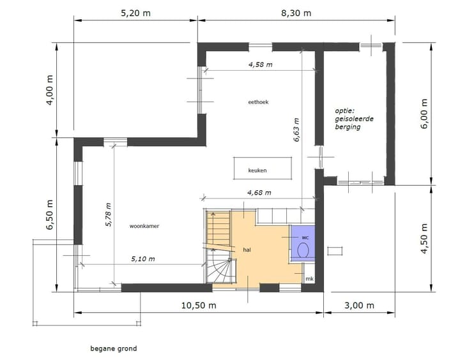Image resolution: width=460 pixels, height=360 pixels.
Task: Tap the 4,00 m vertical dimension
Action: point(50,91)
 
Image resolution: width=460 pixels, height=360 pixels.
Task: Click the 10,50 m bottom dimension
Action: point(199,305)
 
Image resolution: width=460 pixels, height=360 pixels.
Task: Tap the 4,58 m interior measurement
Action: point(260,64)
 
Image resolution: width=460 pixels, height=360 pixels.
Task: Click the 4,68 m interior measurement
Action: point(259,192)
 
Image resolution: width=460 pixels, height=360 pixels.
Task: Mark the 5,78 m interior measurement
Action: point(109,214)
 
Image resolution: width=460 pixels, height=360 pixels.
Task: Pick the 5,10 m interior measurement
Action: point(143,259)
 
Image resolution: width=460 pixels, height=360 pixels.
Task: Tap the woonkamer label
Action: point(144,226)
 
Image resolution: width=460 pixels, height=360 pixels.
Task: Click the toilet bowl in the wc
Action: point(304,248)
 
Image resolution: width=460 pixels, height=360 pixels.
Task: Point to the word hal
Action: point(247,250)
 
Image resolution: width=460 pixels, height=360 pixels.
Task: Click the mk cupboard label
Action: point(309,279)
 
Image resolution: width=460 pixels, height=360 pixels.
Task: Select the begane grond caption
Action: point(114,349)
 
